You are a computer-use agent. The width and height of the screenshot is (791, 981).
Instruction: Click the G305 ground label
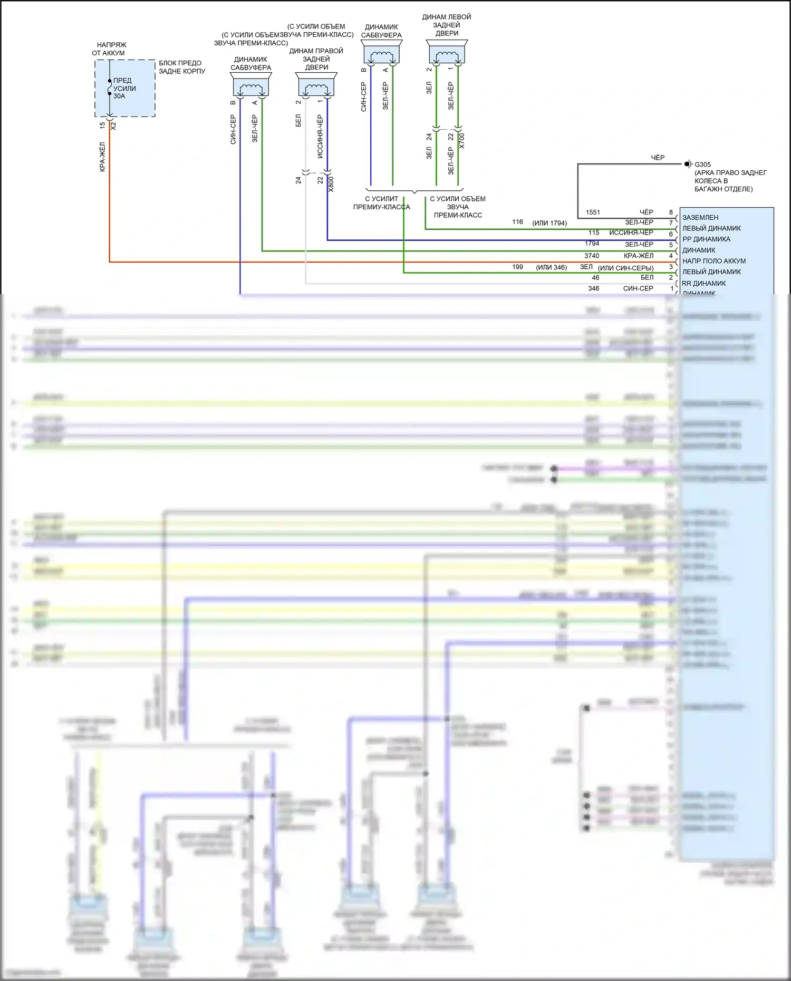tap(702, 164)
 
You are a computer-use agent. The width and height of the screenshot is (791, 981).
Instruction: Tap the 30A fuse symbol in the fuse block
tap(110, 88)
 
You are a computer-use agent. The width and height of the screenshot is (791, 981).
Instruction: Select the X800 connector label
tap(331, 184)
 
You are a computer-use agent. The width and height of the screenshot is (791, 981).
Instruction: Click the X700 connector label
tap(462, 140)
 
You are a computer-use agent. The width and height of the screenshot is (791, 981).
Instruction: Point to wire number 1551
tap(593, 212)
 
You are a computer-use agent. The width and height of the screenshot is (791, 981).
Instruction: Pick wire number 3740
tap(592, 256)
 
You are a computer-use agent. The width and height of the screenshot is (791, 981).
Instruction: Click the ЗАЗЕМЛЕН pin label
tap(700, 218)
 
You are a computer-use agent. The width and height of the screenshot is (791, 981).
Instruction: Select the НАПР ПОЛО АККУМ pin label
tap(714, 261)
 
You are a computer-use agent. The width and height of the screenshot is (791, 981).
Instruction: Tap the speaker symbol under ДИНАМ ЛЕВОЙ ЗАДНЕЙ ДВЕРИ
tap(447, 54)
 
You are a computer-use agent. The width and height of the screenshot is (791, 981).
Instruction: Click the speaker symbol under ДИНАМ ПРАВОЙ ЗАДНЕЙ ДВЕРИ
tap(316, 86)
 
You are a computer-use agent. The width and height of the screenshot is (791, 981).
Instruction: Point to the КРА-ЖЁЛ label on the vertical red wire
tap(102, 157)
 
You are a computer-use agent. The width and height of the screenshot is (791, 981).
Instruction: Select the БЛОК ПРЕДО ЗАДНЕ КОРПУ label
tap(182, 67)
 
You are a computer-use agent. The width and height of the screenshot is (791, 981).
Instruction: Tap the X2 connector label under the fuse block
tap(113, 126)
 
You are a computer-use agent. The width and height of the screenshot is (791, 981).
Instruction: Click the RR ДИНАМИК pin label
tap(704, 284)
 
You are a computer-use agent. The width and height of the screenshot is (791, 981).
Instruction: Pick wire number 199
tap(517, 267)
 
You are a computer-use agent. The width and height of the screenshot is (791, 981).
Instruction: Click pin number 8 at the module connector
tap(671, 212)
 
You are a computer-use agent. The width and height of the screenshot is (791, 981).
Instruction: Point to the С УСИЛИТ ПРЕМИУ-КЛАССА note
tap(381, 203)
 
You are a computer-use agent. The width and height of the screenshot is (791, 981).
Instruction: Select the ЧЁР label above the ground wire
tap(658, 158)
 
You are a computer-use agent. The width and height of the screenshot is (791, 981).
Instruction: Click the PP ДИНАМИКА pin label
tap(706, 239)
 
